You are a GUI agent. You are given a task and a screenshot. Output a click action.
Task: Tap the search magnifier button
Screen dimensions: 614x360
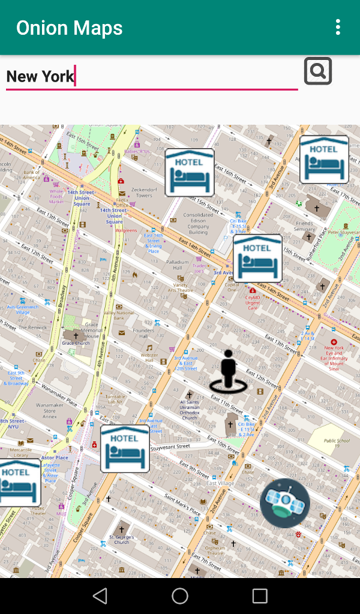click(317, 71)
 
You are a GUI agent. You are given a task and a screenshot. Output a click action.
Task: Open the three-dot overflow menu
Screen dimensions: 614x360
click(338, 27)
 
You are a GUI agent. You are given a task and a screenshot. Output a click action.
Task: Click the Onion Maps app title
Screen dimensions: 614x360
click(69, 28)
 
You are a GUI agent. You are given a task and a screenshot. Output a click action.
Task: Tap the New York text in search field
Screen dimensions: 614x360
click(40, 76)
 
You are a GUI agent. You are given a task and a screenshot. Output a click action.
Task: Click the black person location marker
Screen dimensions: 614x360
click(228, 372)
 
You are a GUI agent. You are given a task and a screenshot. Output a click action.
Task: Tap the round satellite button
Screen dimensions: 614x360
click(285, 503)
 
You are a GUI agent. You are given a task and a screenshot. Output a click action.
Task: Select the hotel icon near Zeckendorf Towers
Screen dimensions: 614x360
click(190, 173)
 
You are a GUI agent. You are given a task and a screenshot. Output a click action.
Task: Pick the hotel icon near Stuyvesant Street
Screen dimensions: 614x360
click(125, 449)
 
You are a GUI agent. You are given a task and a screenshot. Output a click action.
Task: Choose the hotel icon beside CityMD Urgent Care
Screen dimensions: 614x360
click(257, 258)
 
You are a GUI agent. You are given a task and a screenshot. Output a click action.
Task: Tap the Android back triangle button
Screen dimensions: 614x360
click(100, 595)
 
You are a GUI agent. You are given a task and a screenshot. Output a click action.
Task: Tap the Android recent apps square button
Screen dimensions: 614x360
click(260, 595)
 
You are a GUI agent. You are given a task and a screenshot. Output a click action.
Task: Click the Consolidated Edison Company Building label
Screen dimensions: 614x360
click(198, 223)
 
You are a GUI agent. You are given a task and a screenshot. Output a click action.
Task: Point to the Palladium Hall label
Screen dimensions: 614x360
click(178, 265)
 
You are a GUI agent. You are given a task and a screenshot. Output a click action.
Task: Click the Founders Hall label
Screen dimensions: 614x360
click(143, 333)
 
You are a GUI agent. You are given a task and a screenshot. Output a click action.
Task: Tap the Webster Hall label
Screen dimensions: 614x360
click(149, 358)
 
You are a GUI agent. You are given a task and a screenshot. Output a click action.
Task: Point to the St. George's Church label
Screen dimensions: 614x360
click(121, 539)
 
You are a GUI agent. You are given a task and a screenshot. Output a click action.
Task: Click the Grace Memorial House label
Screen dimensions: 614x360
click(91, 333)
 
